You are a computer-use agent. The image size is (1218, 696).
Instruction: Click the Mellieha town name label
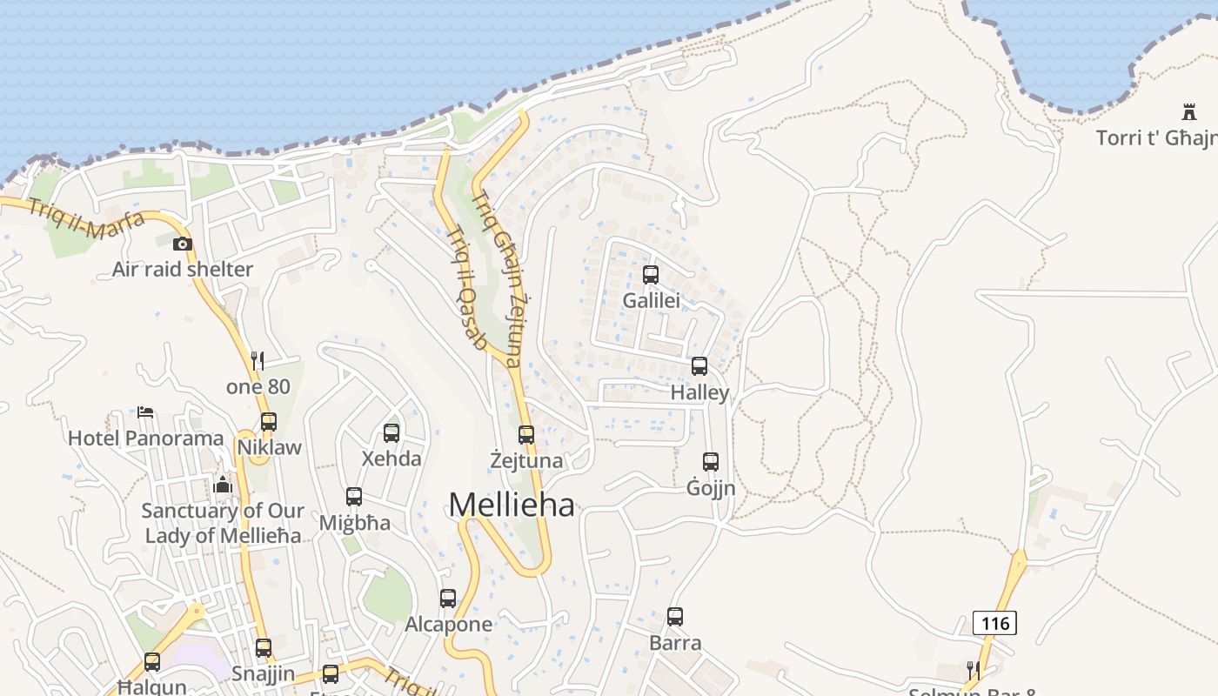512,505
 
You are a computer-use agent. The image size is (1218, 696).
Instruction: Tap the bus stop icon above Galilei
651,275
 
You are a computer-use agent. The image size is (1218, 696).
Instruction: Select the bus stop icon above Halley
699,366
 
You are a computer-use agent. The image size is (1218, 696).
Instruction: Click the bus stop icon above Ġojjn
711,462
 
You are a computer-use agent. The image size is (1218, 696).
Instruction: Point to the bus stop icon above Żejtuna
526,434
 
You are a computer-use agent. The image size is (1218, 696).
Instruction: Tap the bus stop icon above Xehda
391,432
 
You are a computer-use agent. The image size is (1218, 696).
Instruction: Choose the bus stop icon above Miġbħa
354,497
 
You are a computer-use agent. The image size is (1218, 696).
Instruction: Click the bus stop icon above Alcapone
448,599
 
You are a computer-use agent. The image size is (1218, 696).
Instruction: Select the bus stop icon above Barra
675,617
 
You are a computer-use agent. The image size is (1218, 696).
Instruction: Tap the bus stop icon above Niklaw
269,422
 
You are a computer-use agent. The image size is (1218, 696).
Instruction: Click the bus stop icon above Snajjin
264,648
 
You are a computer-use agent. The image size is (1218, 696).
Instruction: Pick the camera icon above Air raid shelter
183,244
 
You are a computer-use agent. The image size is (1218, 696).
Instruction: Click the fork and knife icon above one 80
258,359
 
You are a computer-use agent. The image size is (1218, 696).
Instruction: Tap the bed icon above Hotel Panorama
146,412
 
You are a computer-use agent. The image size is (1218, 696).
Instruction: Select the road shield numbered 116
994,623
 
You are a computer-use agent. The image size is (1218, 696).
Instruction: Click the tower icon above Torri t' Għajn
1189,111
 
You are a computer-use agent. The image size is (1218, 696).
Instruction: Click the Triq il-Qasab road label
466,287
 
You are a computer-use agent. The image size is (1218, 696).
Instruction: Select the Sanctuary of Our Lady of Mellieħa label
223,523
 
